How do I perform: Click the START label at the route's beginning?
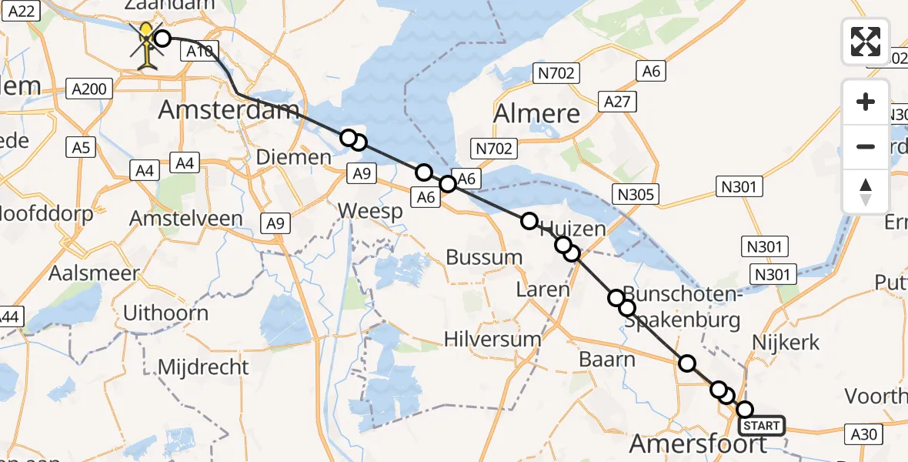tap(761, 426)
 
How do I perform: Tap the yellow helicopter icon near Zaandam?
tap(145, 46)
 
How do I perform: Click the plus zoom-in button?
tap(866, 102)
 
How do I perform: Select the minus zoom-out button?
tap(866, 146)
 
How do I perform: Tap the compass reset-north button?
tap(866, 192)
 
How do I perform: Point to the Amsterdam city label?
tap(229, 110)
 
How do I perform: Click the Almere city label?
tap(537, 113)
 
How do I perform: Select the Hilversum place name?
tap(492, 339)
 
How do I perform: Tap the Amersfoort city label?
tap(698, 444)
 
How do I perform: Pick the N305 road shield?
tap(636, 194)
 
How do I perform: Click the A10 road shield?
tap(196, 52)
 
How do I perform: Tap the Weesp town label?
tap(370, 211)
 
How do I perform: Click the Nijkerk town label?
tap(786, 343)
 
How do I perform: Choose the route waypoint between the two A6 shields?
tap(448, 184)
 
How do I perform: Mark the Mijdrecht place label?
tap(203, 367)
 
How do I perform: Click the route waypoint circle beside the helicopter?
tap(162, 38)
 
